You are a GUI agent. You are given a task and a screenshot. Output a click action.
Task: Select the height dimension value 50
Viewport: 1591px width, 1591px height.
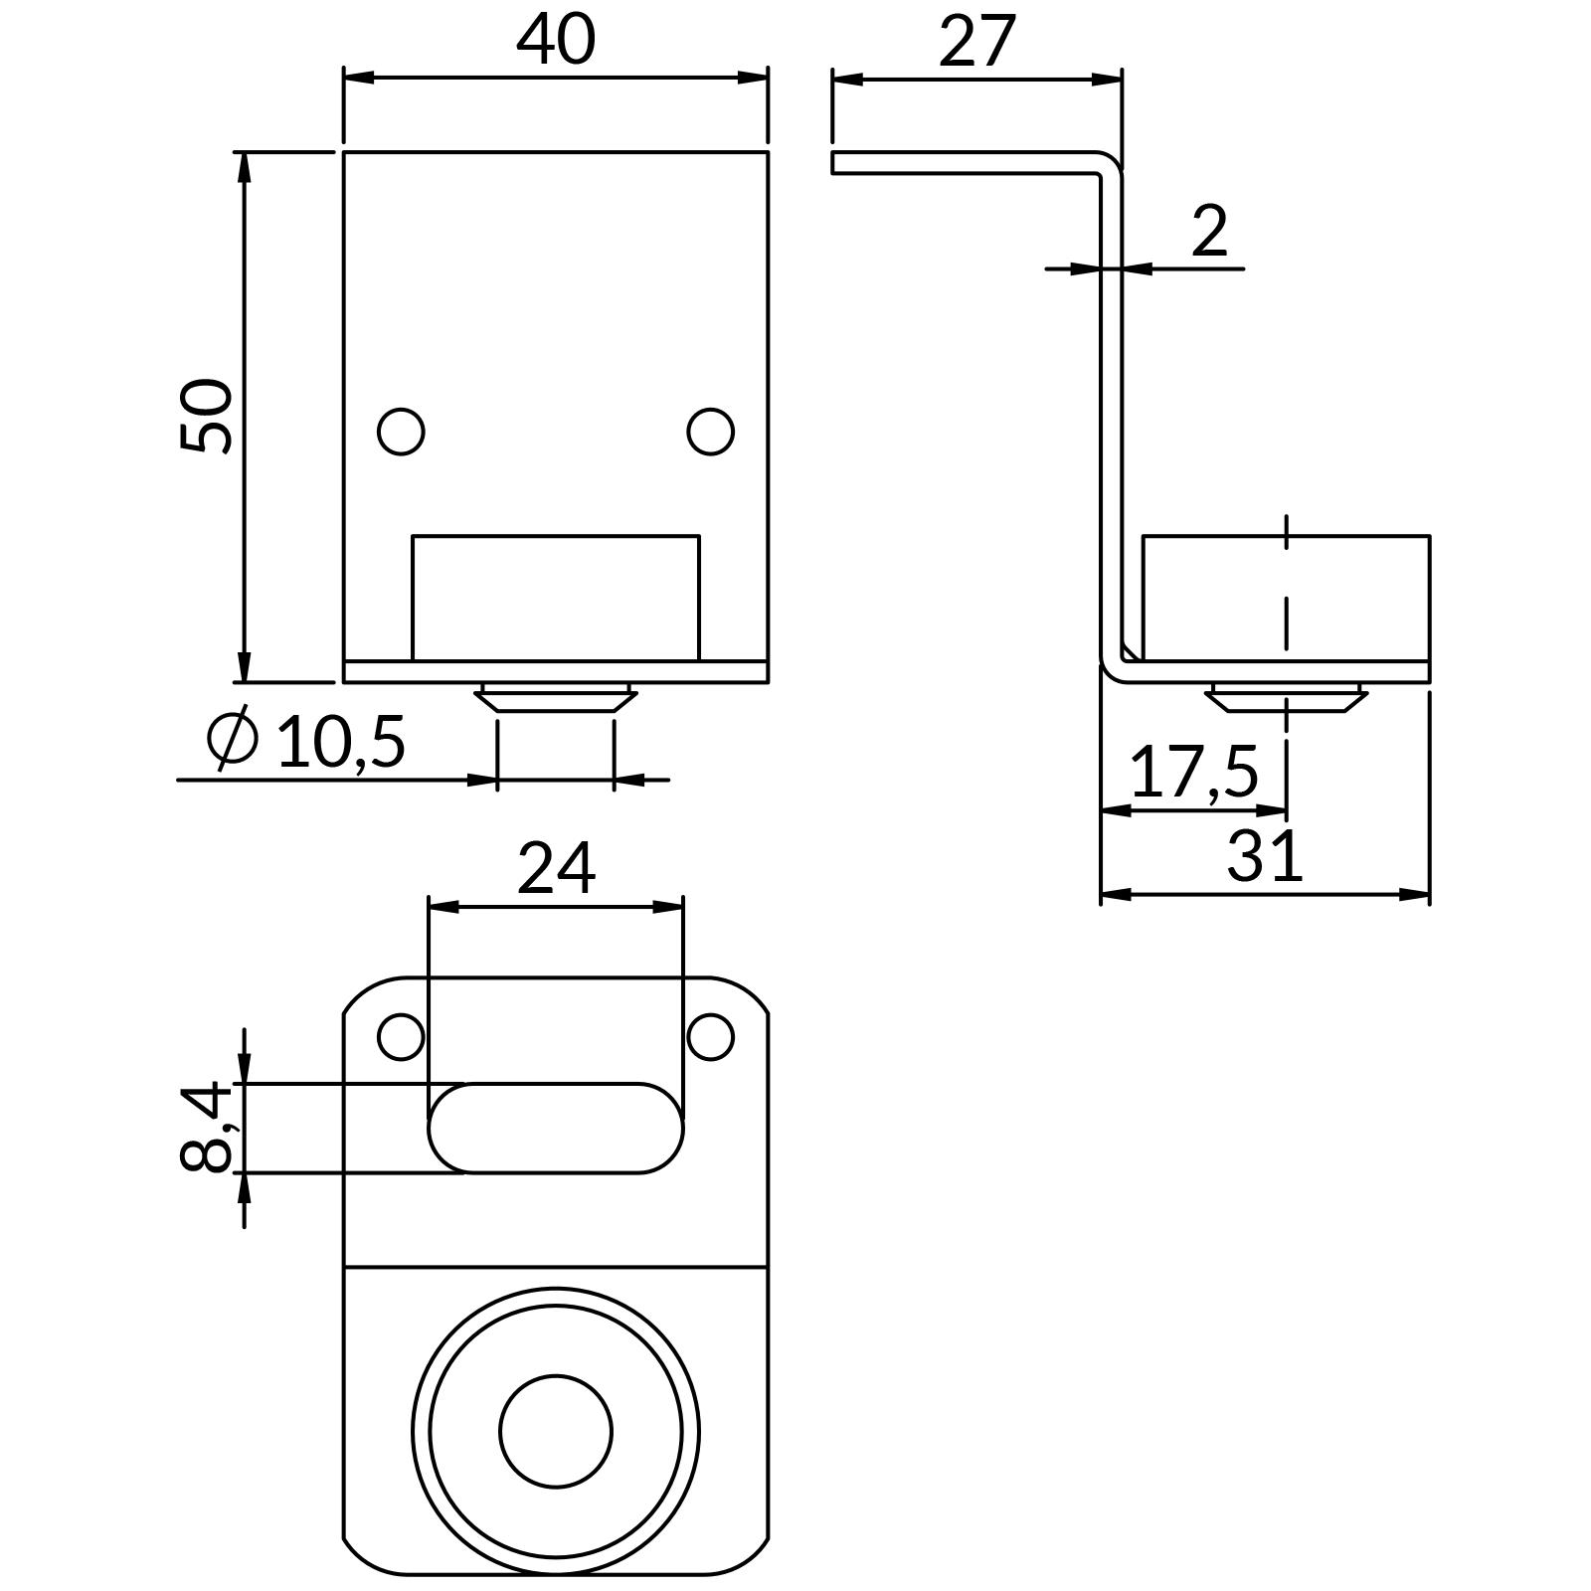point(206,416)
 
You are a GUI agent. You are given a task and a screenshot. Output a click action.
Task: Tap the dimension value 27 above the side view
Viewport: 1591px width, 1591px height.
point(976,42)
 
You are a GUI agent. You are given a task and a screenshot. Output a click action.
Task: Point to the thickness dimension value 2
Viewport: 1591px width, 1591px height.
point(1209,232)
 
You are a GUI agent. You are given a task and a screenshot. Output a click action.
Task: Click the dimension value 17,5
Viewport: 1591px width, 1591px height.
point(1194,773)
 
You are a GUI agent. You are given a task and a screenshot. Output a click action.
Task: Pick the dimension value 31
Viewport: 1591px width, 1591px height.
point(1264,856)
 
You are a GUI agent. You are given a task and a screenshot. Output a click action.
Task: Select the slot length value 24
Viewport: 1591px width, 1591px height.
point(556,869)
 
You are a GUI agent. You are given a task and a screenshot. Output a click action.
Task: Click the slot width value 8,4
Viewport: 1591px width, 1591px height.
point(207,1128)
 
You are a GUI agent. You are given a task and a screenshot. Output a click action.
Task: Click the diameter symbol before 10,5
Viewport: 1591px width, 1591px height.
point(233,740)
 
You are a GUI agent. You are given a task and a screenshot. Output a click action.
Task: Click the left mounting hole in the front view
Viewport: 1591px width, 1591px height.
point(402,432)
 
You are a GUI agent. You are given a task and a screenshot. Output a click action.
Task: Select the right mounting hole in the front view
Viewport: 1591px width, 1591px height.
point(710,432)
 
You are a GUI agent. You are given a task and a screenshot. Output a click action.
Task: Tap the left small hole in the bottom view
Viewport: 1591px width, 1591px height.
point(402,1037)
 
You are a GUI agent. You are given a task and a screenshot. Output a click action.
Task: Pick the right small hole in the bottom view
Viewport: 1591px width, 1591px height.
point(710,1037)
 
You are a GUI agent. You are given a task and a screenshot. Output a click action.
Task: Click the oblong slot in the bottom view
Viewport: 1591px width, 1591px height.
point(556,1129)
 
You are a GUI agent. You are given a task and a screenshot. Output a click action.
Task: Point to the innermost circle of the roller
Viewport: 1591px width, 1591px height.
point(556,1432)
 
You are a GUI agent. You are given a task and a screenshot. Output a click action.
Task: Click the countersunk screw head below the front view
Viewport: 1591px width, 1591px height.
point(555,697)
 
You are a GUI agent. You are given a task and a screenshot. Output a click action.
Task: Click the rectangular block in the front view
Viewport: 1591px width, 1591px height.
point(556,597)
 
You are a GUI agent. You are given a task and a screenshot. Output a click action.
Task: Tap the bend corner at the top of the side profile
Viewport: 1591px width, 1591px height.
point(1109,164)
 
